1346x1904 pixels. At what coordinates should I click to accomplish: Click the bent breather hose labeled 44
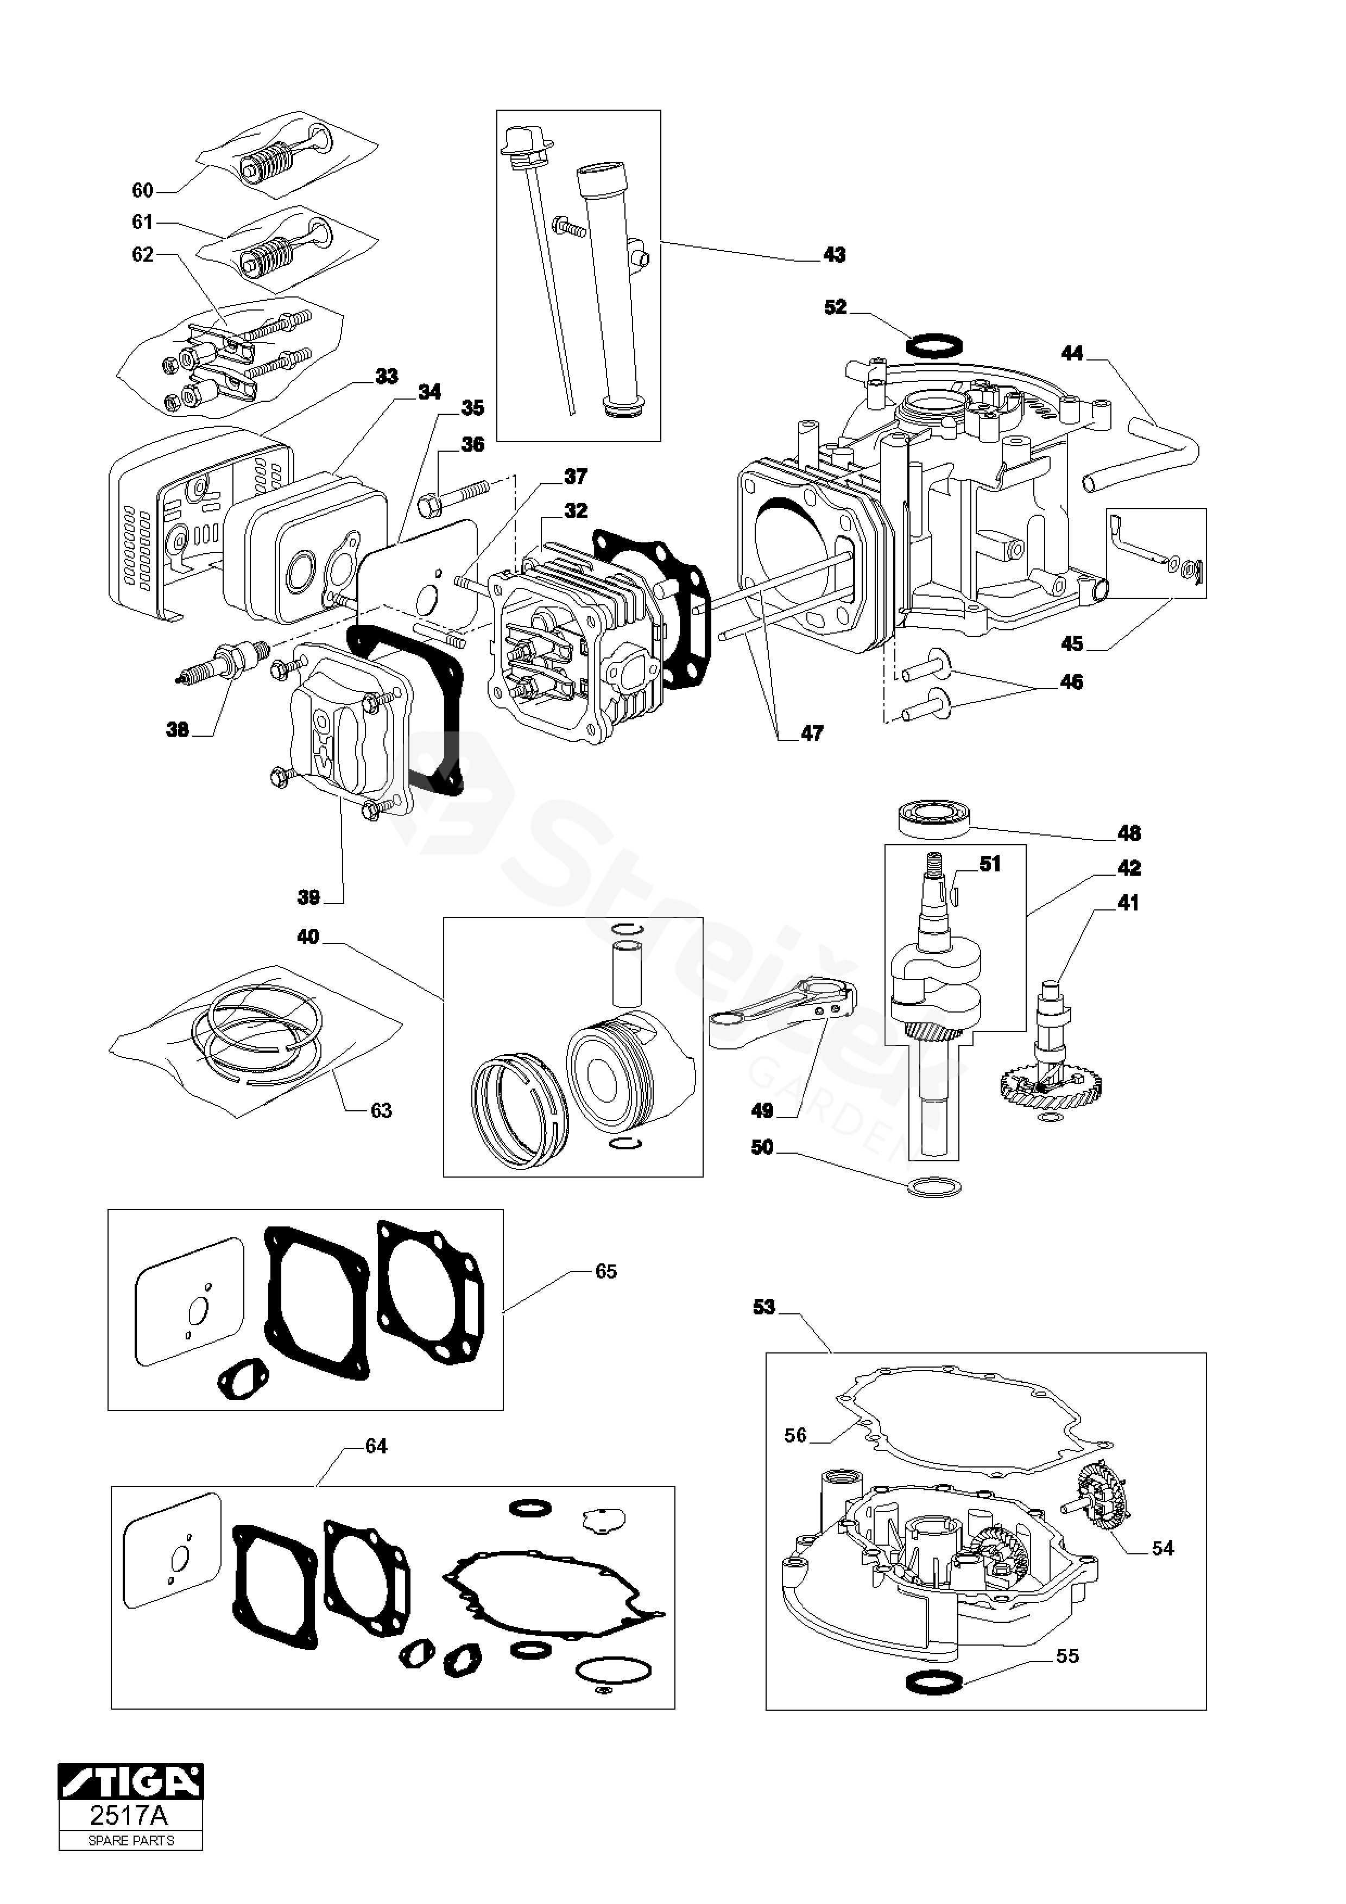point(1143,447)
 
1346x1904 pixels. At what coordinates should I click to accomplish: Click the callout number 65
point(606,1294)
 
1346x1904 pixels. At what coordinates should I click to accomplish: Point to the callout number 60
point(143,191)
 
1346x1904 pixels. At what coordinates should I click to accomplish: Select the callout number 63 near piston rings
point(381,1110)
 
